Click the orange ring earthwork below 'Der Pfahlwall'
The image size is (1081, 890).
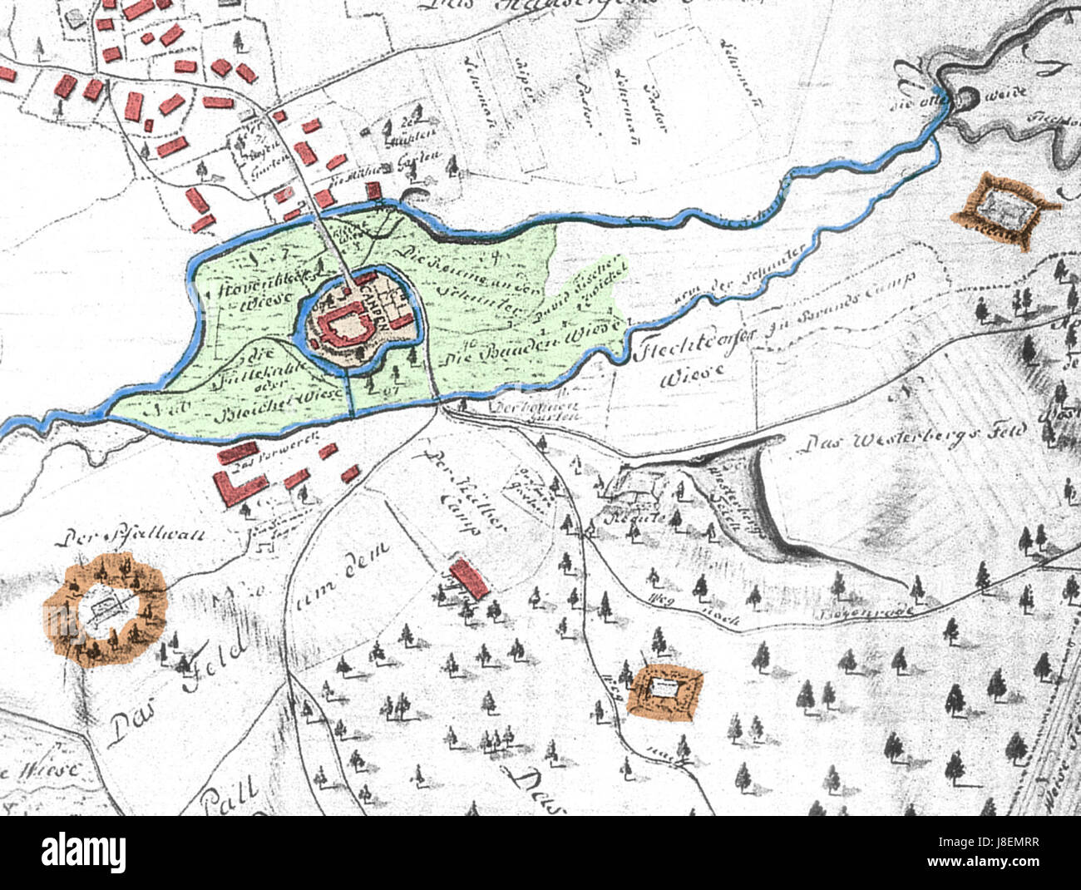click(x=105, y=612)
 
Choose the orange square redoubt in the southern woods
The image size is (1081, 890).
click(x=665, y=689)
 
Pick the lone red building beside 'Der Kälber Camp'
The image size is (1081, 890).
click(x=468, y=578)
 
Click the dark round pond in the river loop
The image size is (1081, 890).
click(x=966, y=99)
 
